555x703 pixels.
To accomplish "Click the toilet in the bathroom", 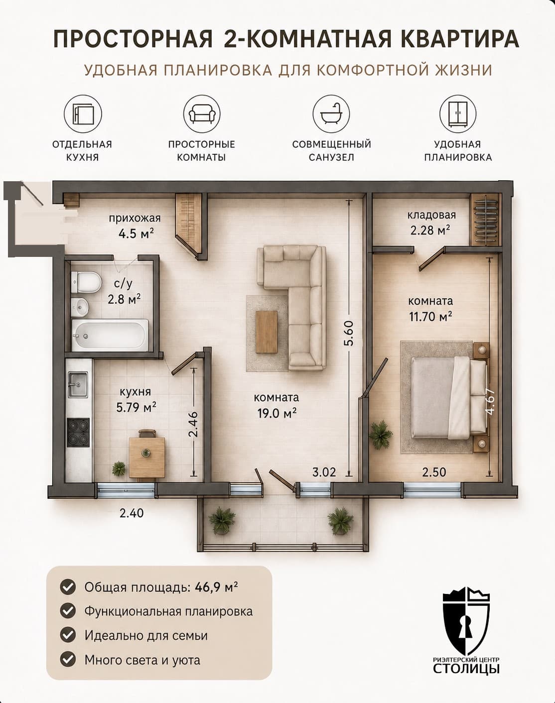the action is pos(86,282).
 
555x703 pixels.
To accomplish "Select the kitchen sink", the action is pos(78,384).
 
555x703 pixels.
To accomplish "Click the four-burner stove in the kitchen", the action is pos(78,432).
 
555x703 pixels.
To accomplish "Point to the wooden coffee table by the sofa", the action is pos(267,332).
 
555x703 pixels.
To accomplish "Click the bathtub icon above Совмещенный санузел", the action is pos(331,114).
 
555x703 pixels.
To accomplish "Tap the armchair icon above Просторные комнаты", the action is pos(202,114).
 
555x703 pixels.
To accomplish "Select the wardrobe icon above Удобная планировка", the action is pos(457,114).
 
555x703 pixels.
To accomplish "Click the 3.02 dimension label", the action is pos(324,472).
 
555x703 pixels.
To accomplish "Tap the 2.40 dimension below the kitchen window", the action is pos(132,513).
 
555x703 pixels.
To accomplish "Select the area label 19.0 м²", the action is pos(277,413).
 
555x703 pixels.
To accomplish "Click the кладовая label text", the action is pos(431,215).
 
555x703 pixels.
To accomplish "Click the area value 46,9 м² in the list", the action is pos(216,587).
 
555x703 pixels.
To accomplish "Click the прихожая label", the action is pos(135,218).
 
